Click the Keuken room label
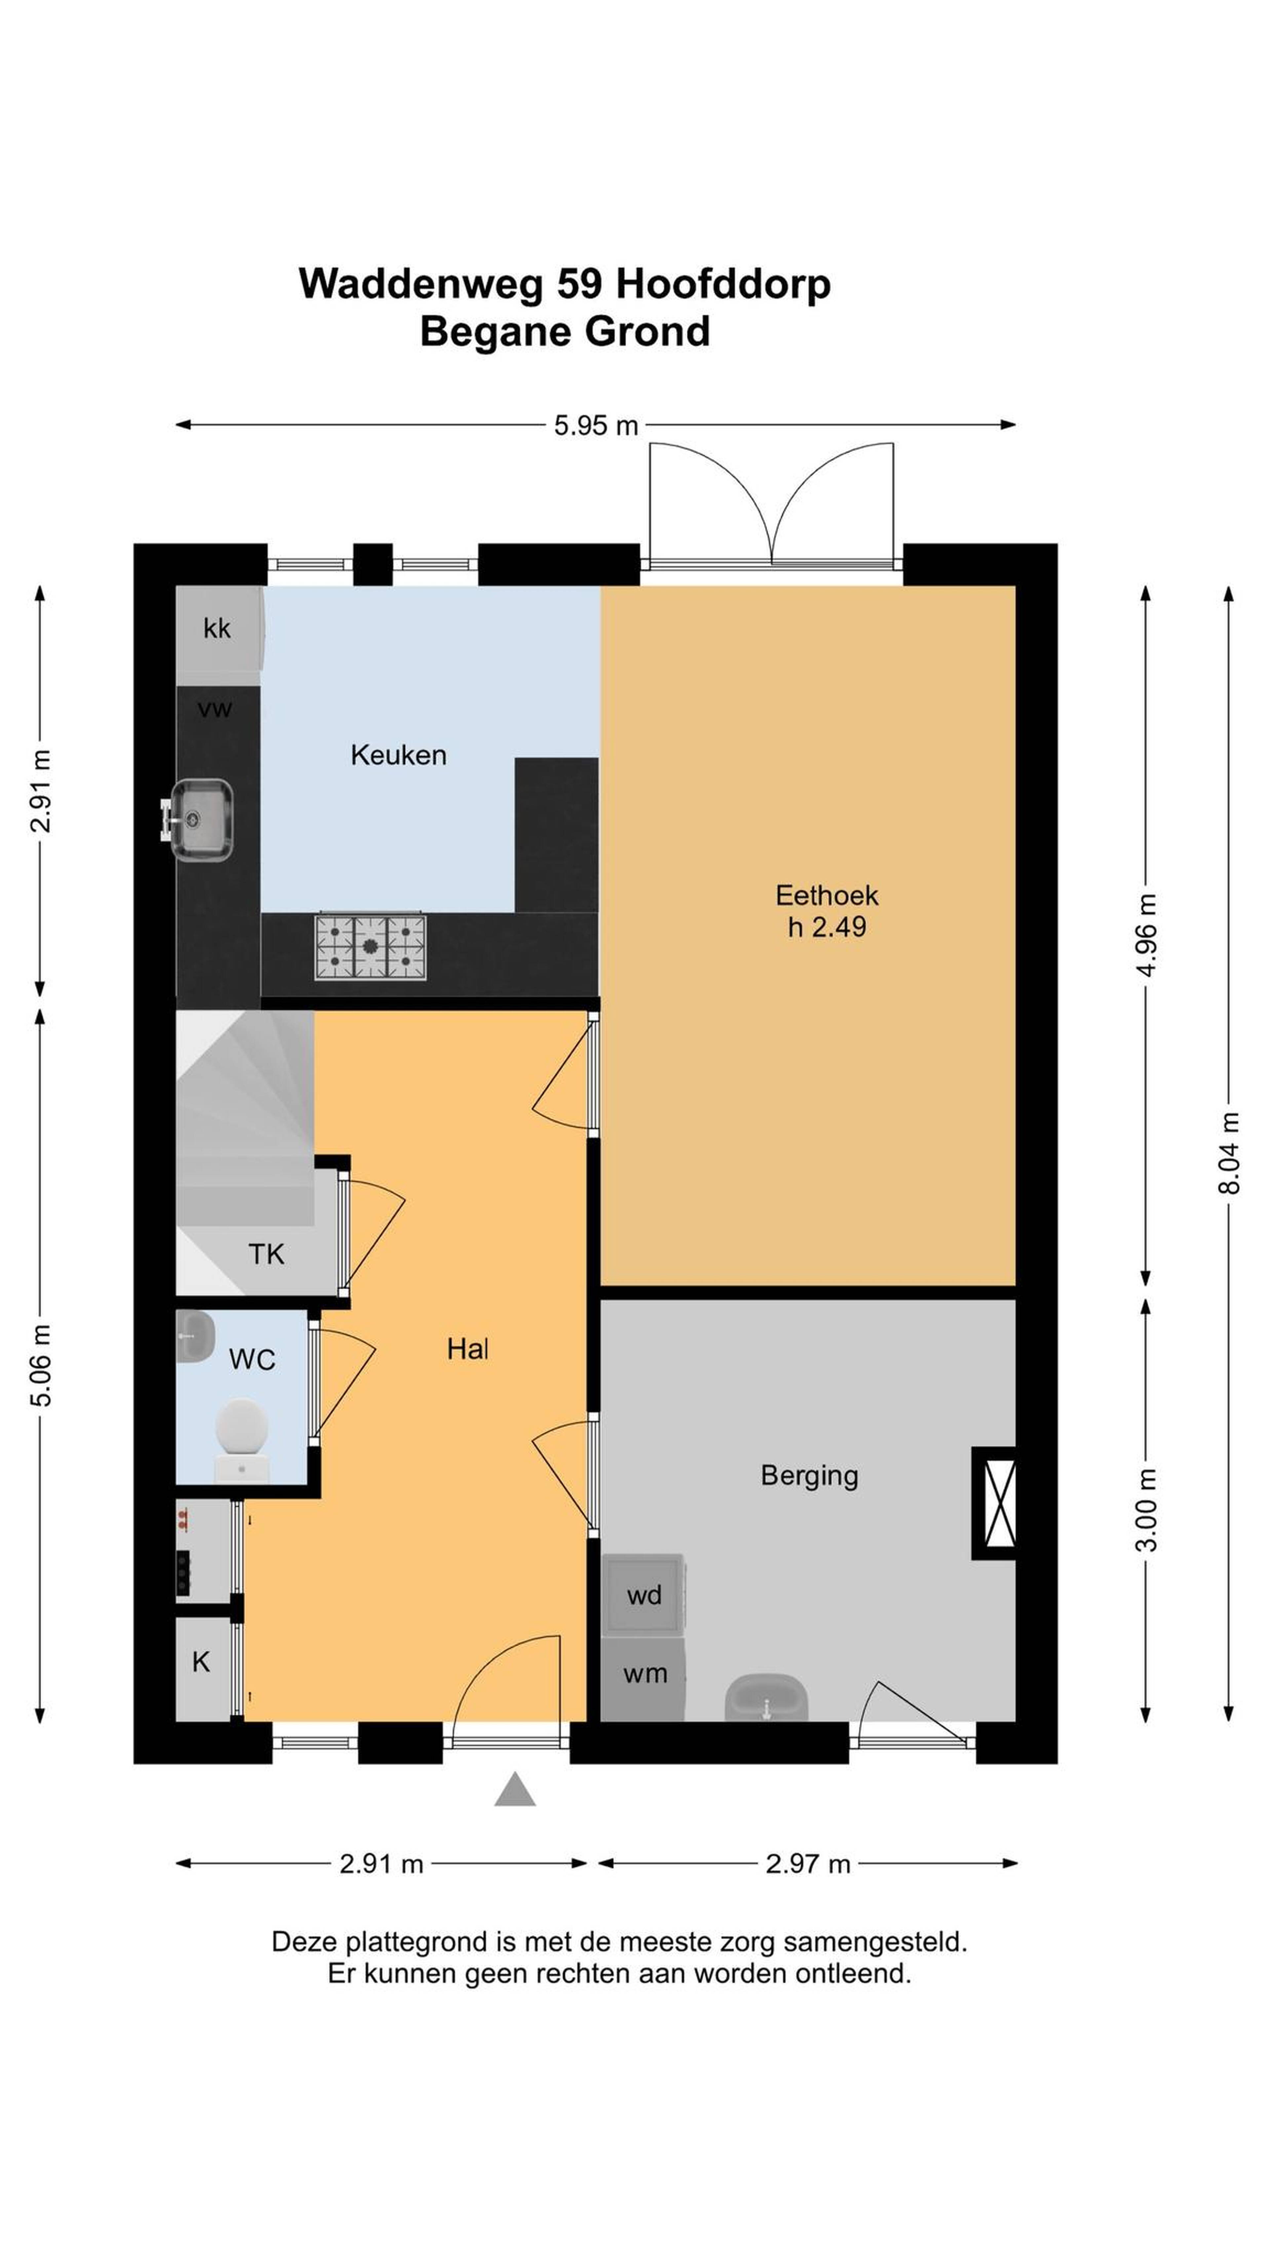pyautogui.click(x=399, y=755)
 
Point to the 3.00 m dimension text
pyautogui.click(x=1146, y=1511)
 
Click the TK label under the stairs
pyautogui.click(x=266, y=1254)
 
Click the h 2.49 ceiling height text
pyautogui.click(x=827, y=927)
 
